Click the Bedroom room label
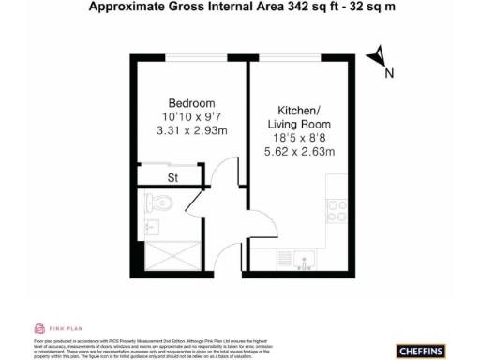tap(192, 102)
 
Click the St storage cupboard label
tap(172, 175)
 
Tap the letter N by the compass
tap(389, 73)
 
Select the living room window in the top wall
tap(297, 59)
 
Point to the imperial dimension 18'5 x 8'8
tap(296, 137)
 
